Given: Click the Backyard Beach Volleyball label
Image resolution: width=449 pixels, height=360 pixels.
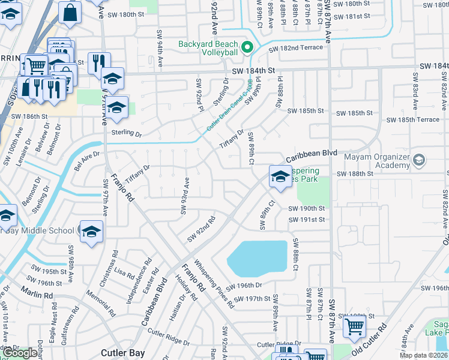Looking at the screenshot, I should [208, 48].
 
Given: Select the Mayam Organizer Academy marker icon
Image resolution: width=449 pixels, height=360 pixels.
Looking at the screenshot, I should [419, 160].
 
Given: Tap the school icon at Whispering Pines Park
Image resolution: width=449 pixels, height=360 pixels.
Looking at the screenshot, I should [280, 177].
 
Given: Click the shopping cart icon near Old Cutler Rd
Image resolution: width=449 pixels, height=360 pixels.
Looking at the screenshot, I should [354, 327].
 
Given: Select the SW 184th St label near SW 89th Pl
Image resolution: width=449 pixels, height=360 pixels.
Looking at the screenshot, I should [255, 71].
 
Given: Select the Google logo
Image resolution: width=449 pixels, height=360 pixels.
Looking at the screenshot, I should [20, 353].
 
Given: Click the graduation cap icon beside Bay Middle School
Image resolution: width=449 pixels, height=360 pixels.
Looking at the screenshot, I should [91, 232].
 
